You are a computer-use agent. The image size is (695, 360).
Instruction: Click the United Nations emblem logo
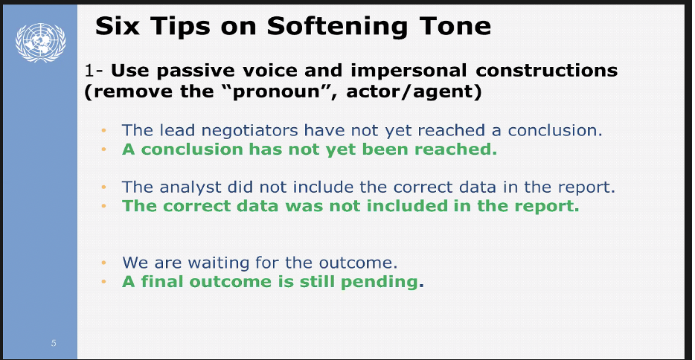[40, 42]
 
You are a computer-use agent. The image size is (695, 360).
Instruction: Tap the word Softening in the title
[337, 27]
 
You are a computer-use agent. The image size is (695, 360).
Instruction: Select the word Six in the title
[118, 26]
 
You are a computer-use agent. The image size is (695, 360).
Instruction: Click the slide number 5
[54, 343]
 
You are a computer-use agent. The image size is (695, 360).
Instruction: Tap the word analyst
[190, 187]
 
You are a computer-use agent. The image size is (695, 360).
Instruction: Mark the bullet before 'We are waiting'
[103, 263]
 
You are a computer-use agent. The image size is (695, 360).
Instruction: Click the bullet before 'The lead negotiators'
[103, 130]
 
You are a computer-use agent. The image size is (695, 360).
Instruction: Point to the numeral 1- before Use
[94, 71]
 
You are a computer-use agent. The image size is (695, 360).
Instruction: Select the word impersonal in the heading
[409, 71]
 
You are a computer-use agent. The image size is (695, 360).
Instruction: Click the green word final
[163, 282]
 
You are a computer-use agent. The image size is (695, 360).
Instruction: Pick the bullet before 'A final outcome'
[103, 282]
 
